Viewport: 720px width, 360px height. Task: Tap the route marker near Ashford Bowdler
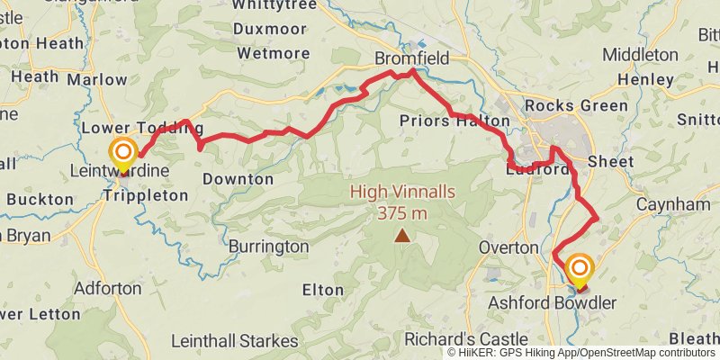pyautogui.click(x=579, y=268)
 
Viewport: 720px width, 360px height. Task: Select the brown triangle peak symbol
pyautogui.click(x=402, y=236)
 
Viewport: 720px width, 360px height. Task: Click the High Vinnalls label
pyautogui.click(x=401, y=191)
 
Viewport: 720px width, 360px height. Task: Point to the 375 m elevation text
pyautogui.click(x=401, y=212)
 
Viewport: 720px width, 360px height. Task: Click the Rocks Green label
pyautogui.click(x=576, y=105)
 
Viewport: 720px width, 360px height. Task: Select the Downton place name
pyautogui.click(x=238, y=179)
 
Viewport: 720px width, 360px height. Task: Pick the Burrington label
pyautogui.click(x=268, y=246)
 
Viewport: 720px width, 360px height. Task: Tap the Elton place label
pyautogui.click(x=322, y=290)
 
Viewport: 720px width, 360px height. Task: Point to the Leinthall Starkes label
pyautogui.click(x=235, y=341)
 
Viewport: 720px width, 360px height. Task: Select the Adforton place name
pyautogui.click(x=108, y=289)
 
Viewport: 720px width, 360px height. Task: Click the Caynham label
pyautogui.click(x=673, y=205)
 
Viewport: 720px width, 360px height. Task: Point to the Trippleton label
pyautogui.click(x=146, y=194)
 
